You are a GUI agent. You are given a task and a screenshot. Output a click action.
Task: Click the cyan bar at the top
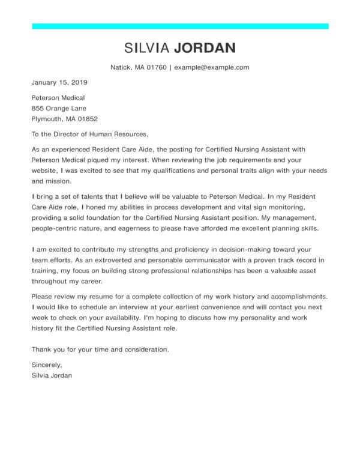[180, 26]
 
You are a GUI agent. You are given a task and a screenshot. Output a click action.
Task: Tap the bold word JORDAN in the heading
[205, 48]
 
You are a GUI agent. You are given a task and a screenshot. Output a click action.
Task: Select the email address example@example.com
[212, 67]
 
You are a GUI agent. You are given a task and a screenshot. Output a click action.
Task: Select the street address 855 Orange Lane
[59, 108]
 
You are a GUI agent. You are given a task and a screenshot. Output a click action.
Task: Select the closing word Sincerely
[46, 364]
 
